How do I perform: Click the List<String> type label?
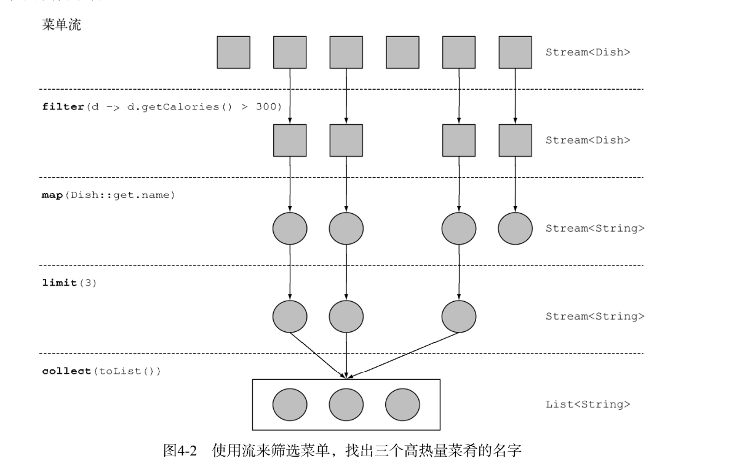[588, 404]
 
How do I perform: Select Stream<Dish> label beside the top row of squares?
[588, 52]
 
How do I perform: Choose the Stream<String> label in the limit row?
[594, 317]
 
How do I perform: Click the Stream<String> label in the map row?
[594, 229]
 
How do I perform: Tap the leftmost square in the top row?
[233, 52]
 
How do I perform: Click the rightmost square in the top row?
[515, 52]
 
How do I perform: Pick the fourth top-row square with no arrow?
[402, 52]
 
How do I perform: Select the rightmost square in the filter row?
[515, 140]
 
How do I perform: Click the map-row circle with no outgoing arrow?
[515, 229]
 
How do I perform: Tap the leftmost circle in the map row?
[290, 229]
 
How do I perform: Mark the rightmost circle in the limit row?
[458, 317]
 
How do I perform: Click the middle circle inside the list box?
[346, 404]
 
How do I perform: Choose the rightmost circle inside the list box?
[402, 404]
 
